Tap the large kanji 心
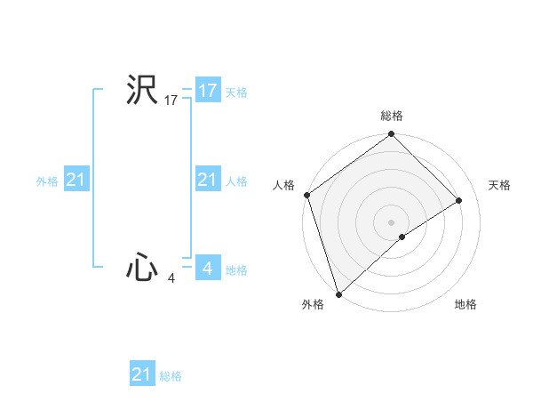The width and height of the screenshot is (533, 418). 141,268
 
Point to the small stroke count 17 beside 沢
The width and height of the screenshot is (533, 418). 171,100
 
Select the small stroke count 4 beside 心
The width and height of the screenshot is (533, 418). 171,278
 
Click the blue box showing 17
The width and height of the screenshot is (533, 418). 207,90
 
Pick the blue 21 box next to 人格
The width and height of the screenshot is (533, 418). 207,180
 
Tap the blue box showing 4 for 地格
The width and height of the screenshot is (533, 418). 207,268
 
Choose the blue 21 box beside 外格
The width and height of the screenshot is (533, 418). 76,180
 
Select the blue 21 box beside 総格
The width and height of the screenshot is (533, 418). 142,374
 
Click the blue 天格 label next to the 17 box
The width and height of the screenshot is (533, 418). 235,92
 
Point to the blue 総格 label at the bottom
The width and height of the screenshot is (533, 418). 171,376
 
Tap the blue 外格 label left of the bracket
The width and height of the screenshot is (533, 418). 47,181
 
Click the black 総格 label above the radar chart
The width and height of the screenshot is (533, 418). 391,116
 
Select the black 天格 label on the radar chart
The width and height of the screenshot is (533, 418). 499,185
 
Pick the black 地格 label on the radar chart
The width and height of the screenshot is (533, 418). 465,304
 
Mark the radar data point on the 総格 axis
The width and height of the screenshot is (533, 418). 391,135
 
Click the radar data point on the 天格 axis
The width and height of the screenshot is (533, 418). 459,200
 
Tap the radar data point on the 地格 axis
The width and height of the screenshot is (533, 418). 402,237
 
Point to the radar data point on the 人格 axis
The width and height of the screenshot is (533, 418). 306,195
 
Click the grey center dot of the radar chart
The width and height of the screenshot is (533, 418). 391,221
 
